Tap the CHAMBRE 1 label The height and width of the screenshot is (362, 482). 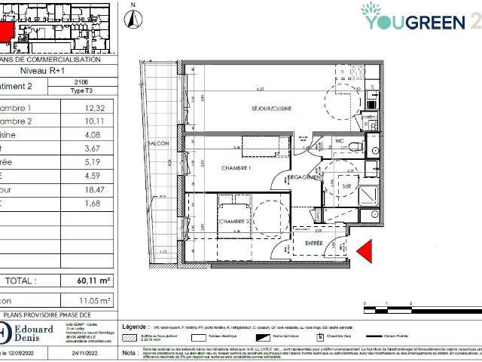click(235, 167)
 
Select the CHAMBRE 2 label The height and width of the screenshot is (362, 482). click(235, 221)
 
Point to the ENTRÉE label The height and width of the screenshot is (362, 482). click(313, 243)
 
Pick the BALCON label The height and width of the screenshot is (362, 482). click(159, 143)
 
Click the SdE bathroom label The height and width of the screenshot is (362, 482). click(346, 185)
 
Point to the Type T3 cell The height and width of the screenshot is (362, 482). click(82, 90)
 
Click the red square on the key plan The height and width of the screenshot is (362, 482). click(5, 32)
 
